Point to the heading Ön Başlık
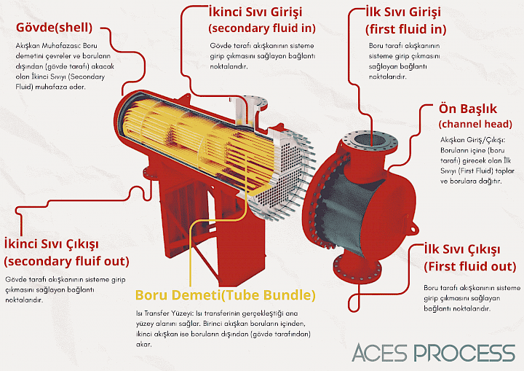467,108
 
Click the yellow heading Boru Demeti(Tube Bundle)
226,295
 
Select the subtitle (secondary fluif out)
66,260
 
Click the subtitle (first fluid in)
405,30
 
